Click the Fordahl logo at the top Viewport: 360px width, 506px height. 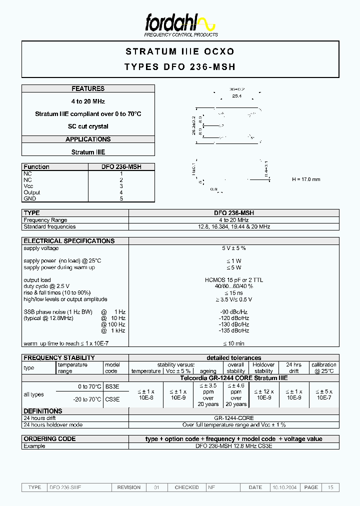click(180, 23)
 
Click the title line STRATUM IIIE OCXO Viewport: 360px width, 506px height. click(180, 51)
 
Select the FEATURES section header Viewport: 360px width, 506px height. click(88, 88)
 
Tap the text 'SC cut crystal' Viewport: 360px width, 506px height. click(88, 126)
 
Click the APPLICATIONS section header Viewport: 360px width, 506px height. click(88, 139)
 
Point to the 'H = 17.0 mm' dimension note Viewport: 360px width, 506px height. click(305, 179)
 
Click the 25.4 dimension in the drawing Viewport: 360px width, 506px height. click(236, 95)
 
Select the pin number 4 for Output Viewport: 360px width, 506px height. click(121, 192)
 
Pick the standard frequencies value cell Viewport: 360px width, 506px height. click(233, 226)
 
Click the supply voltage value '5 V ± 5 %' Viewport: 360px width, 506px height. click(233, 248)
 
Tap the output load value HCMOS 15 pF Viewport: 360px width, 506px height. click(233, 280)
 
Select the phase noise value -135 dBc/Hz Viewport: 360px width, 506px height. click(233, 330)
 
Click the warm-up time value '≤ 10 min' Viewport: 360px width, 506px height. click(233, 343)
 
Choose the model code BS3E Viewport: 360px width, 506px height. click(112, 387)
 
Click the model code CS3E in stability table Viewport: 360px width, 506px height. click(112, 399)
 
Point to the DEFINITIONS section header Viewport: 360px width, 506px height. click(43, 411)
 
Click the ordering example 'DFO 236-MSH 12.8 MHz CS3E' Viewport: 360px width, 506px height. click(233, 446)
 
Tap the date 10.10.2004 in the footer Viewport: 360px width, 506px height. click(284, 487)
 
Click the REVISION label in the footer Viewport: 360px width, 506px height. click(128, 487)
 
